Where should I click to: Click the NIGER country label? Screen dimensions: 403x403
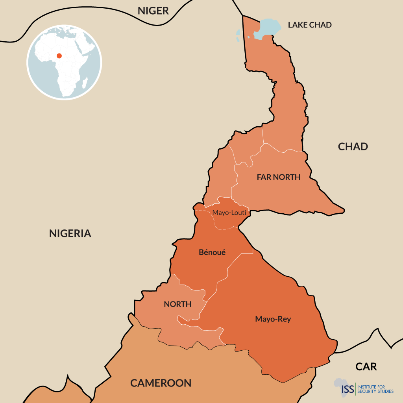click(x=153, y=11)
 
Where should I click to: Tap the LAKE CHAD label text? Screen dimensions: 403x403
click(x=310, y=25)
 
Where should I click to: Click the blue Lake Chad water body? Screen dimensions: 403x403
click(x=268, y=28)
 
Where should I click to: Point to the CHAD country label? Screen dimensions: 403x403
click(x=353, y=147)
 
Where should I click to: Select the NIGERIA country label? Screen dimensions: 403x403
click(x=70, y=233)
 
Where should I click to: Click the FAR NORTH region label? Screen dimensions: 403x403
click(x=278, y=177)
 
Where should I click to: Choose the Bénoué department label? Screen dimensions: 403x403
click(x=212, y=252)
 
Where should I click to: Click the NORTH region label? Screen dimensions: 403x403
click(x=177, y=304)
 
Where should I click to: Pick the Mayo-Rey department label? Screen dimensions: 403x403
click(x=273, y=319)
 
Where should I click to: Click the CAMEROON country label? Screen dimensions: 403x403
click(x=161, y=383)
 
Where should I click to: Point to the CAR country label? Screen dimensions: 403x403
click(x=366, y=367)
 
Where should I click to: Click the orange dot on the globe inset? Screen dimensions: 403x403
click(x=59, y=55)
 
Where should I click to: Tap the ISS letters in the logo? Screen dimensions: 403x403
click(x=348, y=389)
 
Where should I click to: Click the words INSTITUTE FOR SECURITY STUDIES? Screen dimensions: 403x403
click(x=375, y=389)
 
